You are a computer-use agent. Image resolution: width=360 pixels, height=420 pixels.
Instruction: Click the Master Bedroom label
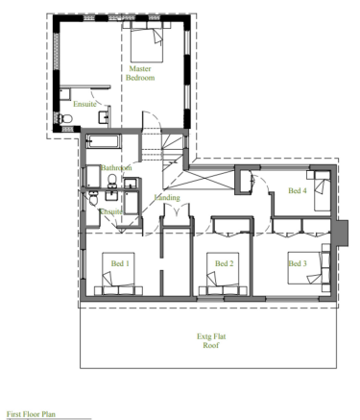coord(141,73)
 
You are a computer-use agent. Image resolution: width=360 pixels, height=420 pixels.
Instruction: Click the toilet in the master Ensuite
coord(64,119)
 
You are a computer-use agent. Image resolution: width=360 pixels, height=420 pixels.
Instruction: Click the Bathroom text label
coord(115,168)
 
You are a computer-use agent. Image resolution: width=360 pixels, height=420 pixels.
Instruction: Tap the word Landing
coord(167,197)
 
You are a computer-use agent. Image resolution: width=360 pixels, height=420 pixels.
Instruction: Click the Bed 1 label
coord(120,262)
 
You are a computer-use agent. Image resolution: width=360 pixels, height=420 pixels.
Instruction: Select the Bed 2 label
coord(224,262)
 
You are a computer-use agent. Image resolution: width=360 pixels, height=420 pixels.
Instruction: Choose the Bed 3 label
coord(297,262)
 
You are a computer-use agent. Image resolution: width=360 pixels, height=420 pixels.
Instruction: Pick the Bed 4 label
coord(298,191)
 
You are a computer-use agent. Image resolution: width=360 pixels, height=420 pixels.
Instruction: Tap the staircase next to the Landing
coord(158,150)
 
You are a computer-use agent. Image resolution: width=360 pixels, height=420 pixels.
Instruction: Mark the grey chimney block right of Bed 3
coord(343,232)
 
